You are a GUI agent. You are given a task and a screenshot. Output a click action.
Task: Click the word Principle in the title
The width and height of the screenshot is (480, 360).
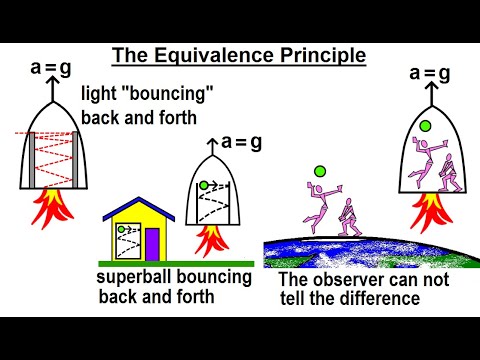[320, 54]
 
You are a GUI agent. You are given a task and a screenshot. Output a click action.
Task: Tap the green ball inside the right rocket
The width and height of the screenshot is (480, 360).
[424, 126]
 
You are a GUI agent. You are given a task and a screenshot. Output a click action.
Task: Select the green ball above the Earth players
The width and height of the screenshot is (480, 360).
[320, 171]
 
